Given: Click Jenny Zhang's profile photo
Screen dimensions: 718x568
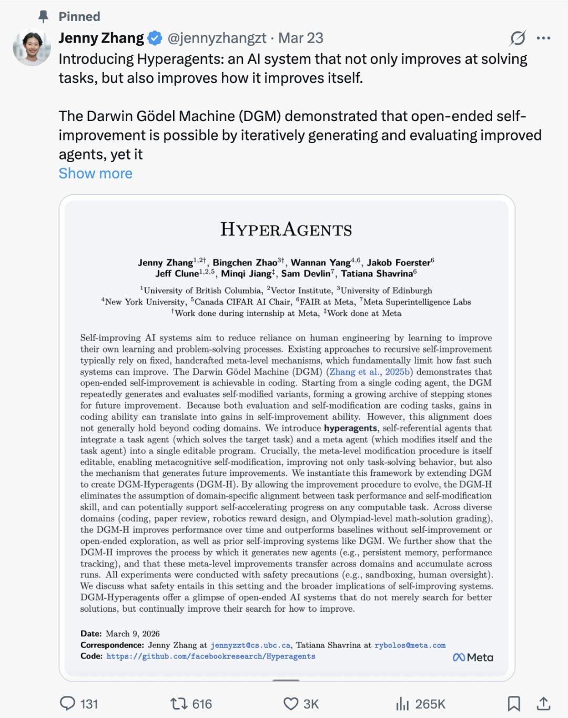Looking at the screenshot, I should coord(32,48).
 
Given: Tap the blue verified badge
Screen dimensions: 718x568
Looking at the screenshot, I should coord(155,38).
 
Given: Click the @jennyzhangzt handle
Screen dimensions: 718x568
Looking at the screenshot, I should coord(217,38).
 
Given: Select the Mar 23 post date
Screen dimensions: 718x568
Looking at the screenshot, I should coord(300,38).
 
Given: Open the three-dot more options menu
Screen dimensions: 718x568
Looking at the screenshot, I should coord(543,38).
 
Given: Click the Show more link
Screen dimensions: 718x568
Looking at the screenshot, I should coord(95,173).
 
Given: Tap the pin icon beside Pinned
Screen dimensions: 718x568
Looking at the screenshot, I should coord(44,17).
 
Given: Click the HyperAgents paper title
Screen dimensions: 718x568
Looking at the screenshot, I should coord(286,230).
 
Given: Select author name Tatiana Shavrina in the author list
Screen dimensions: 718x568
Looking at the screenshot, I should coord(377,274).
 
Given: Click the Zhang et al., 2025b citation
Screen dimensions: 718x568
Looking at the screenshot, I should coord(370,372).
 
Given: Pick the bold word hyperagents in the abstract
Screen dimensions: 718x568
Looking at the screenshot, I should coord(350,428).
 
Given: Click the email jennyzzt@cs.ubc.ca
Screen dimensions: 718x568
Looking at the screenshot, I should coord(250,645).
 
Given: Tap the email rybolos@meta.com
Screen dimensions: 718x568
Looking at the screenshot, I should coord(410,645).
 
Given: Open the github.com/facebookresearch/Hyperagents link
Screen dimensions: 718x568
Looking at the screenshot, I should coord(211,656).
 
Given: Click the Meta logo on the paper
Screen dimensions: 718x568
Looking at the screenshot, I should coord(473,657).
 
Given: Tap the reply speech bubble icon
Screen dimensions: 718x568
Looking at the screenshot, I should coord(67,704).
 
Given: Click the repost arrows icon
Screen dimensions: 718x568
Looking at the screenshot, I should coord(178,704).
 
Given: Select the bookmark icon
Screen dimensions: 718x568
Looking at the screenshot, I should coord(513,704).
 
